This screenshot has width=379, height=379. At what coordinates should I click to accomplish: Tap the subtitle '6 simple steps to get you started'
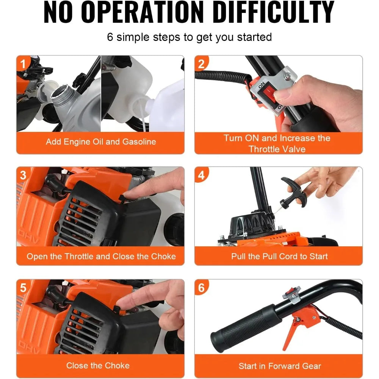(x=189, y=37)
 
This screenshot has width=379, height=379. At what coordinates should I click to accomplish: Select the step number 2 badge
(x=201, y=64)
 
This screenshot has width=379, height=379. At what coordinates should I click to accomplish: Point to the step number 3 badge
(x=23, y=175)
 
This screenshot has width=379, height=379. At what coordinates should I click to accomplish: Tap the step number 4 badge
(x=201, y=175)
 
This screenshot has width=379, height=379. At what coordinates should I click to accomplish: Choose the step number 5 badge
(x=23, y=287)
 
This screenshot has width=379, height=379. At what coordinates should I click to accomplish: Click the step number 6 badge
(x=201, y=287)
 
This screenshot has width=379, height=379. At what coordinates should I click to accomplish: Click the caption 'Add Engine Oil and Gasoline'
(x=101, y=142)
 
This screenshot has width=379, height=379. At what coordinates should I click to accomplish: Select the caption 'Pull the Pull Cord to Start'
(x=279, y=256)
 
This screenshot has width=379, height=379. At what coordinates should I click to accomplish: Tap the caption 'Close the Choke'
(x=98, y=365)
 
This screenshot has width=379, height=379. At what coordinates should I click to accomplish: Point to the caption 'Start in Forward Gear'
(x=280, y=366)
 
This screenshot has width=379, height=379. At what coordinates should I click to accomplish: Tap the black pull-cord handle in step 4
(x=293, y=193)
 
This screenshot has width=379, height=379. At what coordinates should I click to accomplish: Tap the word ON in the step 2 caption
(x=252, y=138)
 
